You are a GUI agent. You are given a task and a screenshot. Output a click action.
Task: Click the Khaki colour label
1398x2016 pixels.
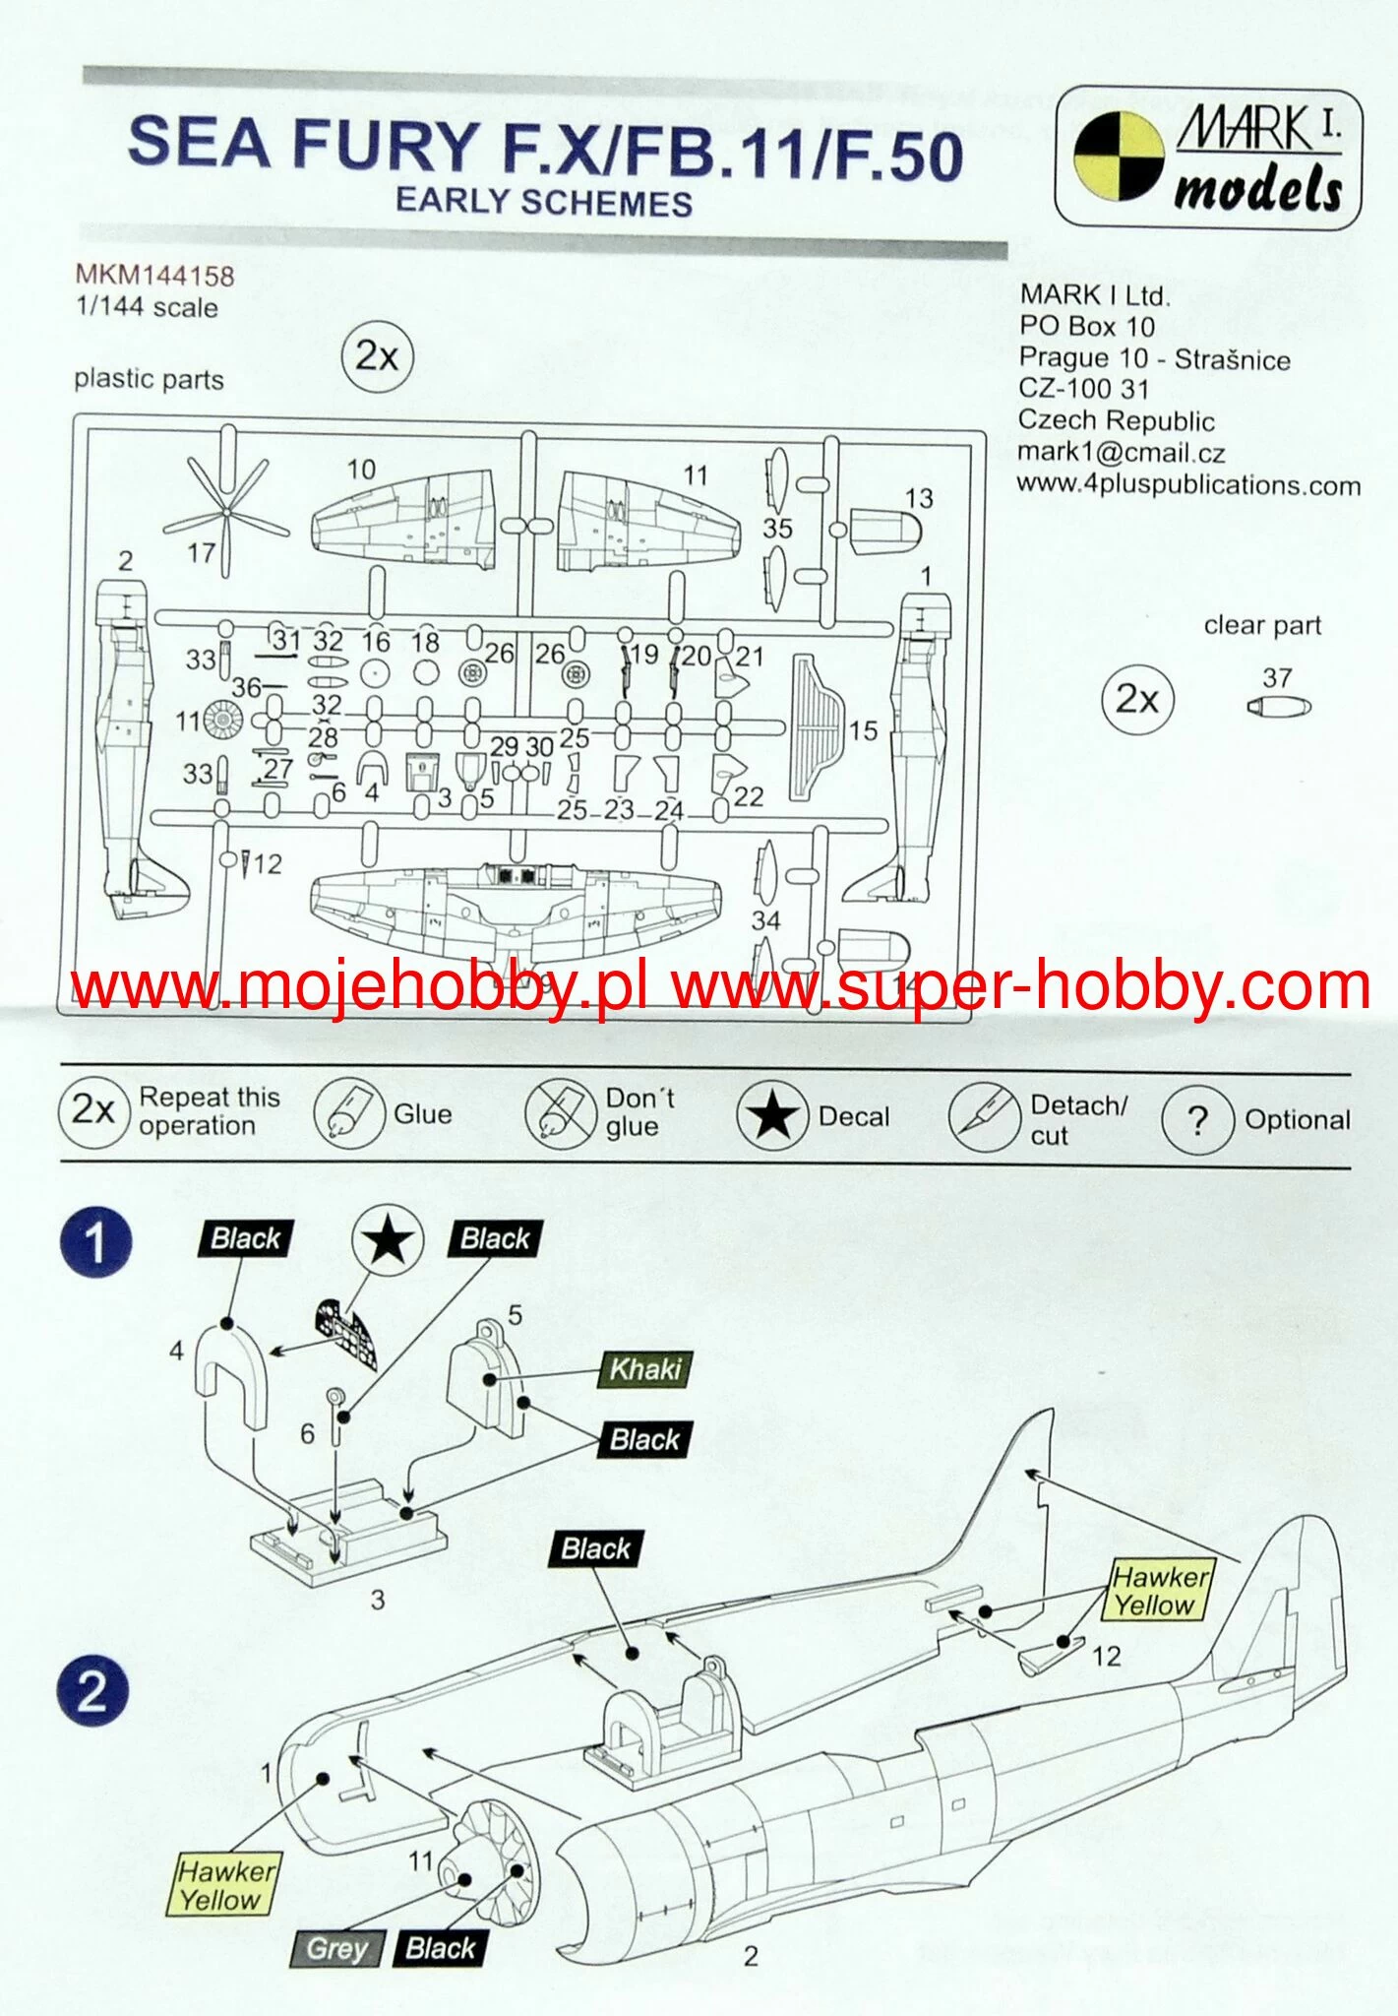[645, 1368]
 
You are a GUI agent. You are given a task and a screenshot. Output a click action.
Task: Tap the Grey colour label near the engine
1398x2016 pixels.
[336, 1948]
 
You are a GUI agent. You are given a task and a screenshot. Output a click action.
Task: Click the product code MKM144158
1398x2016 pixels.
[154, 275]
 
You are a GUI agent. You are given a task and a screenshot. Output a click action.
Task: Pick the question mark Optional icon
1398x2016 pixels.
[1197, 1120]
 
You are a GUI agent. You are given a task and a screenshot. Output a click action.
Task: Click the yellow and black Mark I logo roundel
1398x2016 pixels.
[1119, 156]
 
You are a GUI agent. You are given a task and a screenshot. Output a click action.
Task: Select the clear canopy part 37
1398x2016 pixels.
[1278, 707]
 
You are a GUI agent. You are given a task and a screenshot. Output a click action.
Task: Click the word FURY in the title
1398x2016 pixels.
[386, 145]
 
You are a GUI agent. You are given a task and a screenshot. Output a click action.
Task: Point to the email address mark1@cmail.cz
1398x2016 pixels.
[1121, 453]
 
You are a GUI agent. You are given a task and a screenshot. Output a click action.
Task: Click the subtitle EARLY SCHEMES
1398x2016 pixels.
[544, 202]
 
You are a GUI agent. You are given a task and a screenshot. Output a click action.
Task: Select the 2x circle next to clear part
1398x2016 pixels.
[1137, 699]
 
